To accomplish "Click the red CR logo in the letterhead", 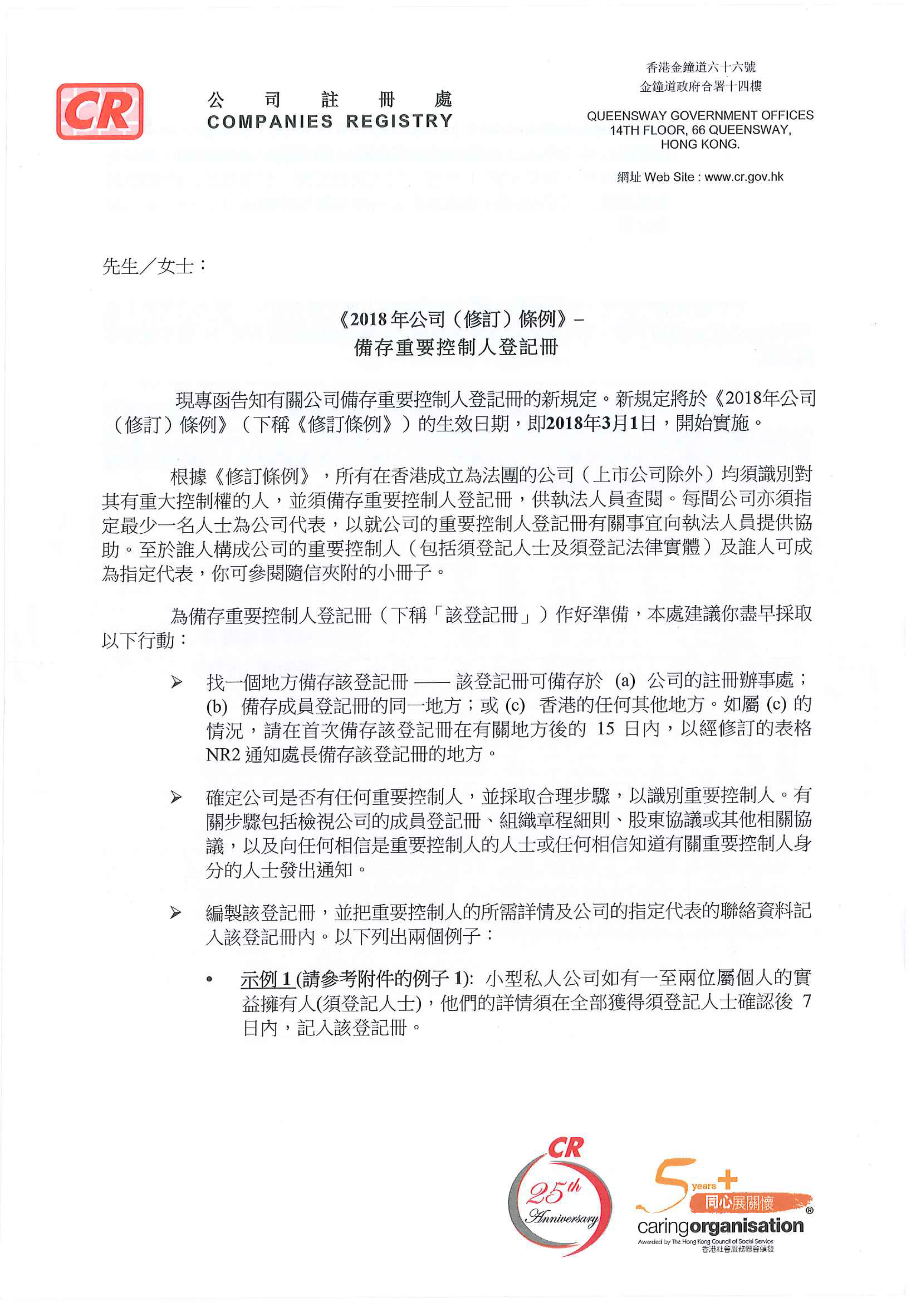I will tap(100, 111).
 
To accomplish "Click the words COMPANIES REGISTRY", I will tap(330, 121).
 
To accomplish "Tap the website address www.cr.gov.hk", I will tap(744, 177).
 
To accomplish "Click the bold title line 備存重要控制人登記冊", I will tap(457, 347).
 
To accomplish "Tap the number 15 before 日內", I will tap(606, 729).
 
